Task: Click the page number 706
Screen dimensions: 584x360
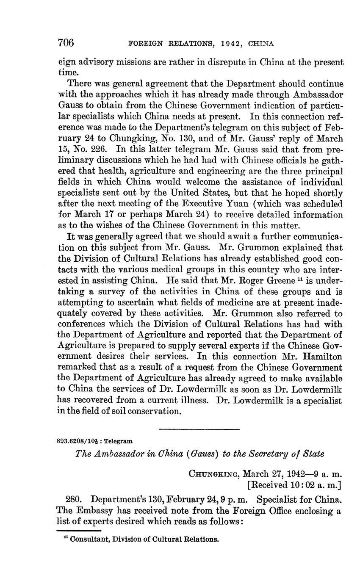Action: click(x=66, y=43)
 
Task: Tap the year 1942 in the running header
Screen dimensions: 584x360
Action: click(x=222, y=44)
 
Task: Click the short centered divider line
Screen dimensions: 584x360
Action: click(x=199, y=430)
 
